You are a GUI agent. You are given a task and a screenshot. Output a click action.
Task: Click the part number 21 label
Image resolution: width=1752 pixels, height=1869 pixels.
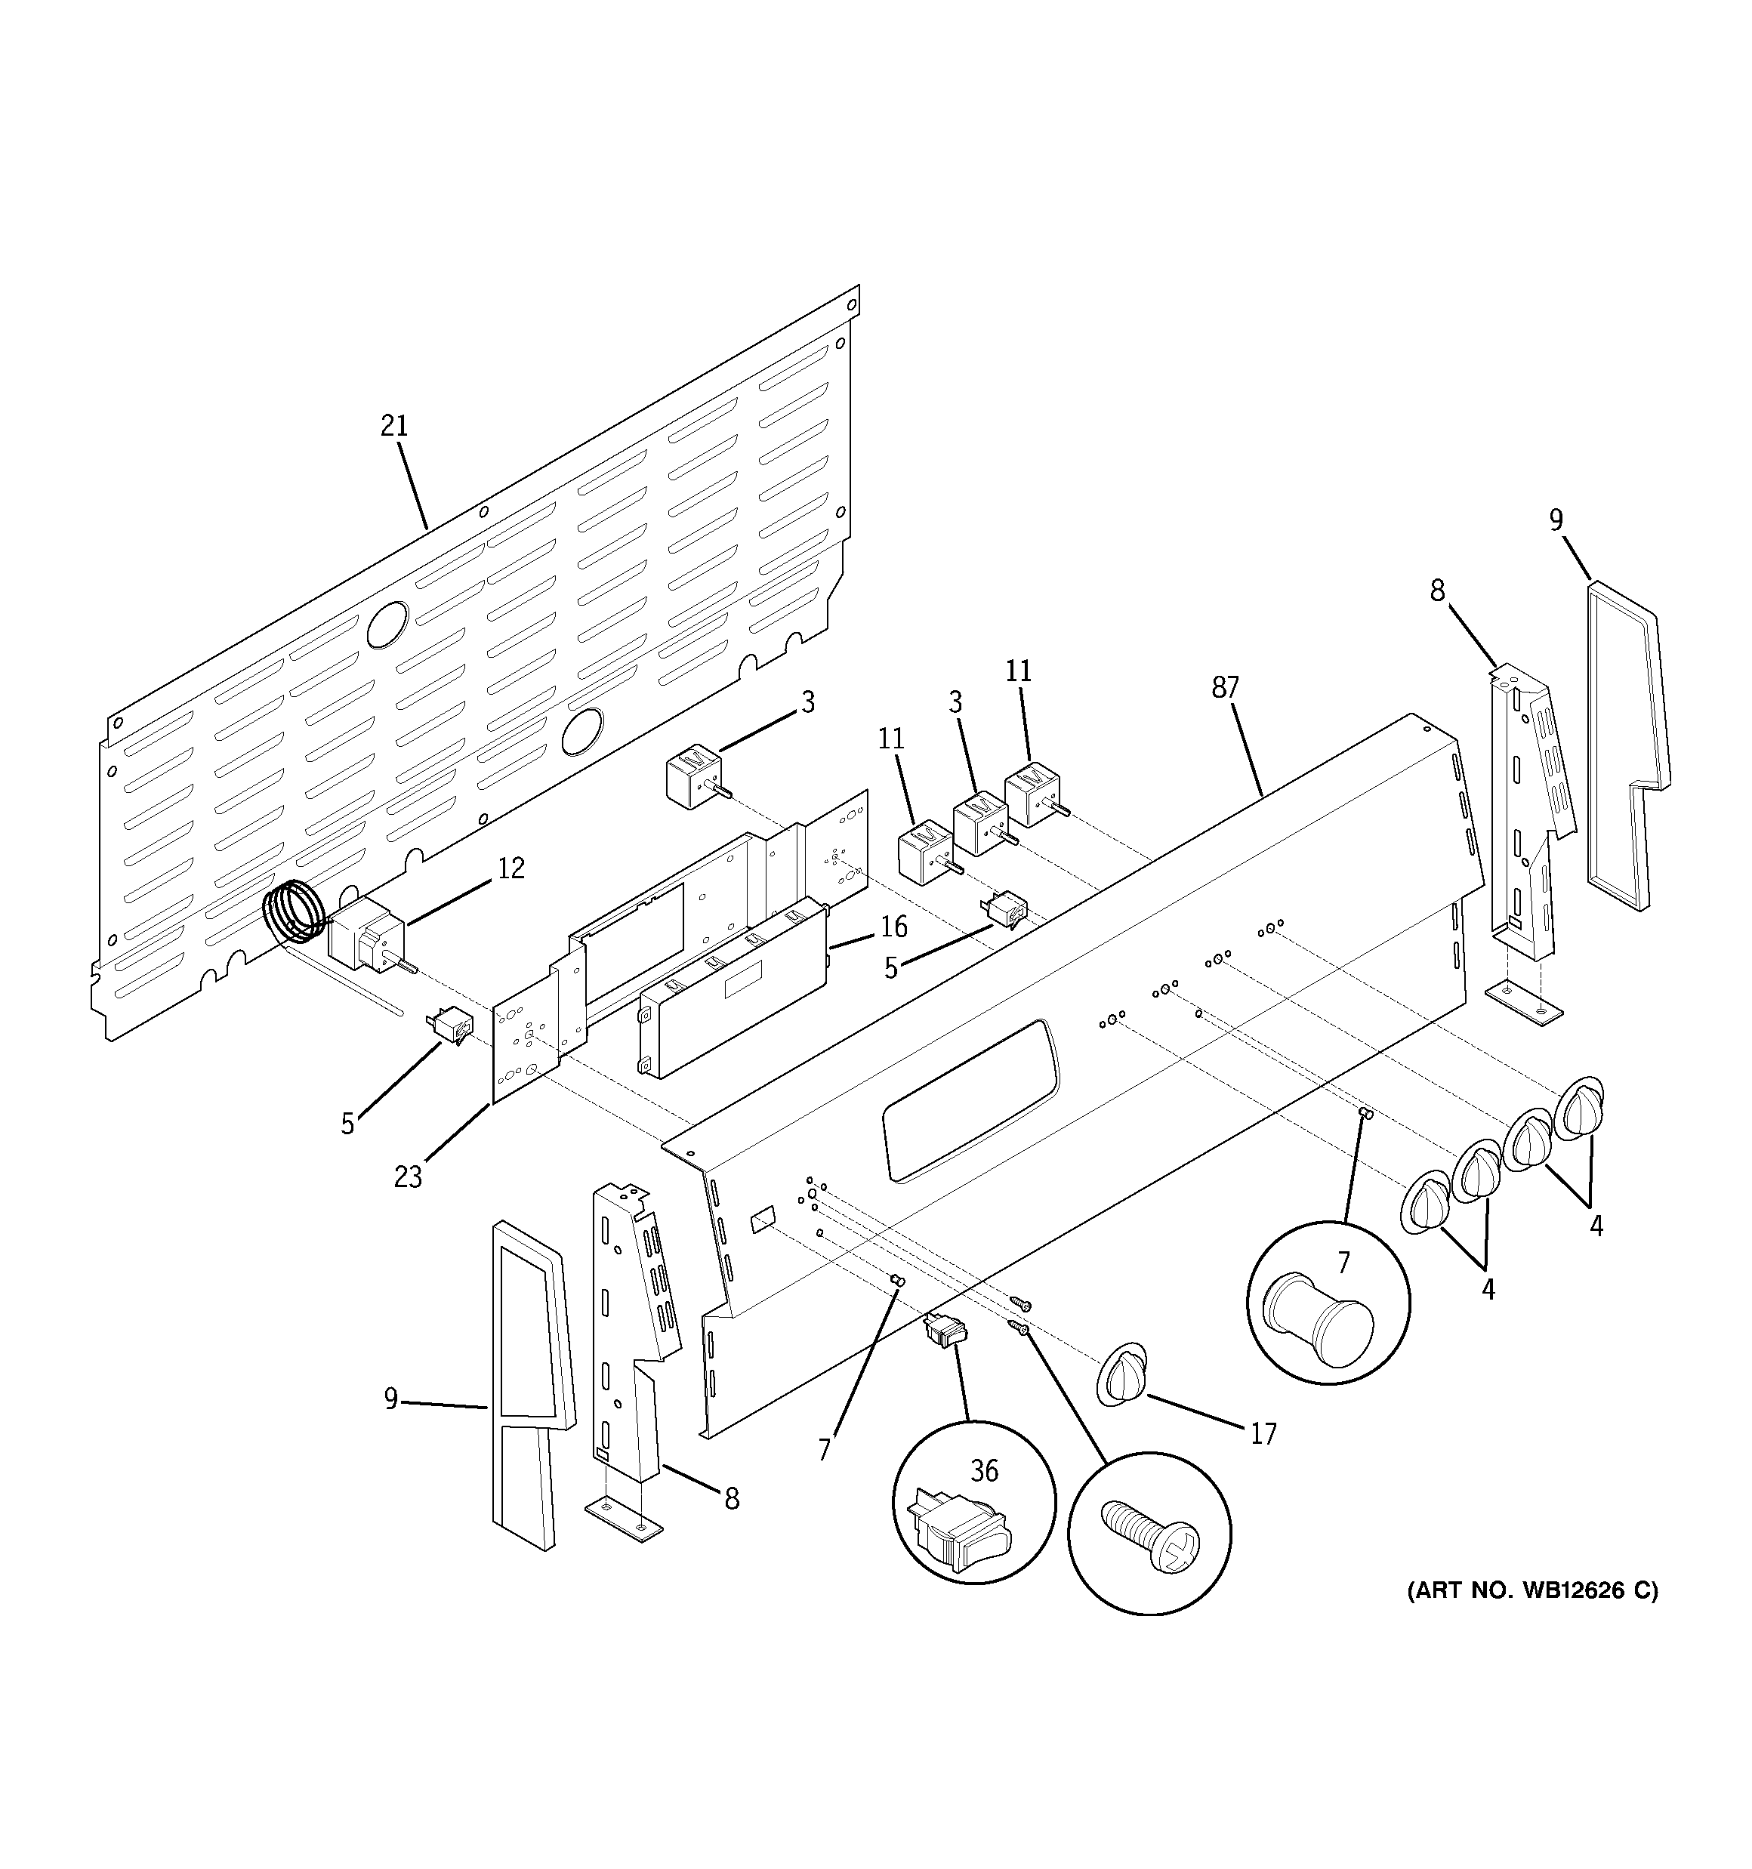(x=394, y=427)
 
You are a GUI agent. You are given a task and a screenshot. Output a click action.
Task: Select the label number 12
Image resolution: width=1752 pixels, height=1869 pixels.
(x=510, y=868)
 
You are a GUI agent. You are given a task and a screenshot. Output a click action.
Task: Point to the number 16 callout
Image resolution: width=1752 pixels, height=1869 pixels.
(x=893, y=927)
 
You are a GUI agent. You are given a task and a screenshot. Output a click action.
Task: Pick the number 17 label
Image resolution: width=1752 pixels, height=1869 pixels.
(x=1263, y=1434)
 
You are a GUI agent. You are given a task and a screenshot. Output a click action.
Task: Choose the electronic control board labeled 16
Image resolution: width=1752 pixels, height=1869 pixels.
(x=733, y=987)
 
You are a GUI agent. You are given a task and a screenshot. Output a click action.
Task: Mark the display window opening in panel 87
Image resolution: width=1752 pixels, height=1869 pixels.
(x=969, y=1100)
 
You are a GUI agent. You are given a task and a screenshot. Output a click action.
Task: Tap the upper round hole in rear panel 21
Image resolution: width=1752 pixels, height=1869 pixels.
(x=387, y=625)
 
